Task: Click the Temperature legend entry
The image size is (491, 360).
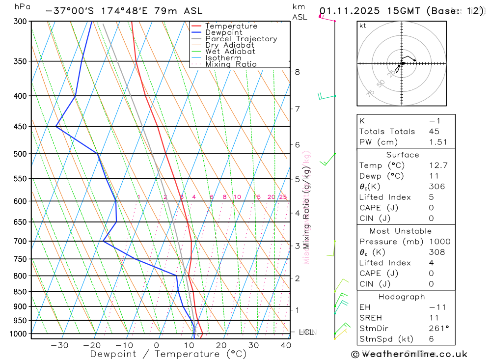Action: pyautogui.click(x=231, y=26)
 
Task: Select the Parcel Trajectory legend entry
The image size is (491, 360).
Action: pyautogui.click(x=241, y=39)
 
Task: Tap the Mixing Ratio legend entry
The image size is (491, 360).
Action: pyautogui.click(x=231, y=64)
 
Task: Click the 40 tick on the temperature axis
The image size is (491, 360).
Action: pyautogui.click(x=285, y=345)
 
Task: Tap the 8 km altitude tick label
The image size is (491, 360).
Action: pyautogui.click(x=297, y=72)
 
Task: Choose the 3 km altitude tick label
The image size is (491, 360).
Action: pyautogui.click(x=297, y=246)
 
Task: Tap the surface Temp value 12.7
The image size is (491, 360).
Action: pyautogui.click(x=438, y=166)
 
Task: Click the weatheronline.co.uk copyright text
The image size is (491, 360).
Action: pyautogui.click(x=409, y=354)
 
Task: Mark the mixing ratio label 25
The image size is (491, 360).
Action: pyautogui.click(x=283, y=197)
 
